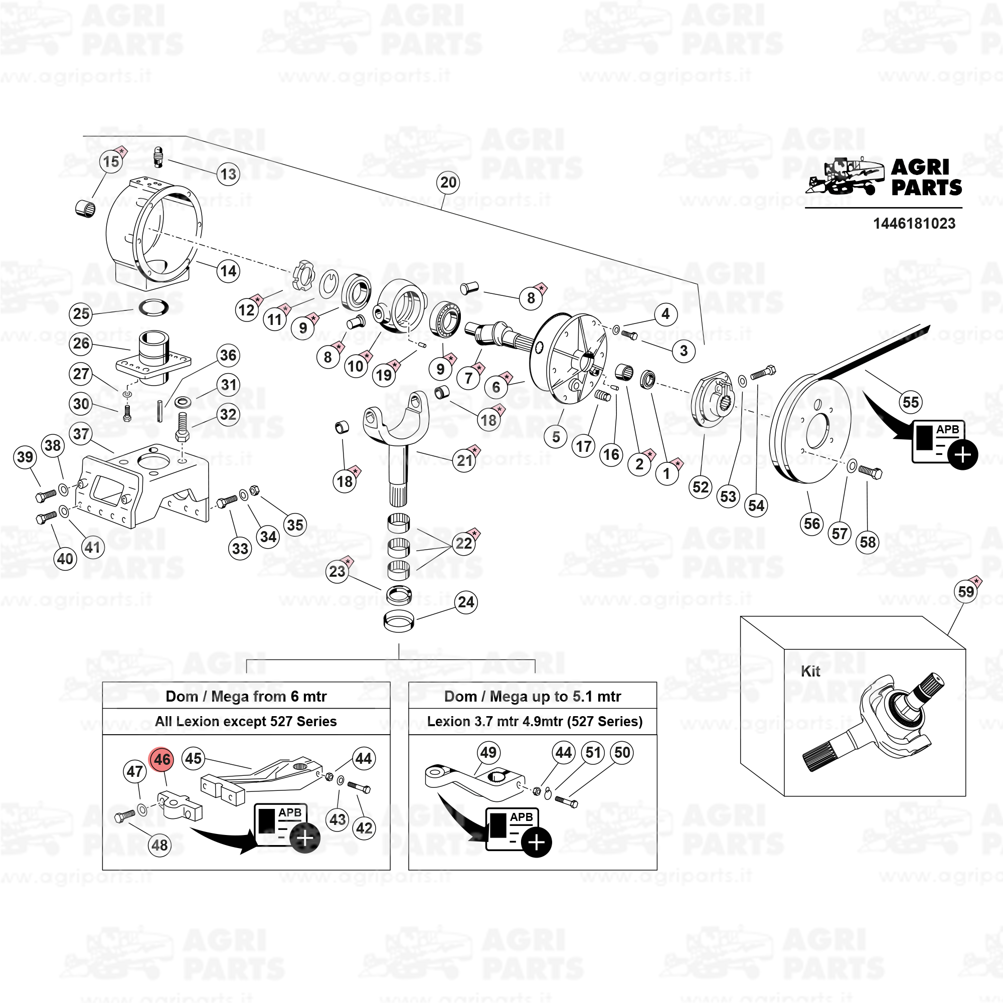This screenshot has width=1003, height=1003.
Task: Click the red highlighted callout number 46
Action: pyautogui.click(x=161, y=759)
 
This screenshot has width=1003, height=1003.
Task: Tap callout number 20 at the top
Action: pyautogui.click(x=448, y=182)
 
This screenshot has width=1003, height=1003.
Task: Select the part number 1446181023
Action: pyautogui.click(x=914, y=224)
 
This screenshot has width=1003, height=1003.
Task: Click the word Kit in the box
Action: pyautogui.click(x=810, y=672)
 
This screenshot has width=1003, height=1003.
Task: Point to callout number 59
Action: pyautogui.click(x=965, y=591)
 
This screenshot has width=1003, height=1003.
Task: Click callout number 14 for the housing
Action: pyautogui.click(x=228, y=270)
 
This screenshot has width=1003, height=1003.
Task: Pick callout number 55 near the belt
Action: pyautogui.click(x=911, y=402)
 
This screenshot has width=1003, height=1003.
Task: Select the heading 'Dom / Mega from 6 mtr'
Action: pyautogui.click(x=246, y=696)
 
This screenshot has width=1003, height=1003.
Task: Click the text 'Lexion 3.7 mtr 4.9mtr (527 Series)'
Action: pyautogui.click(x=535, y=722)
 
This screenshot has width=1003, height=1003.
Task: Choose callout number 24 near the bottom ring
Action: pyautogui.click(x=466, y=602)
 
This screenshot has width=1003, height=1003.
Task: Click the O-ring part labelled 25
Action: pyautogui.click(x=153, y=308)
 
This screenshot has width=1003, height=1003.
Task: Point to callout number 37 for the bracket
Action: pyautogui.click(x=81, y=433)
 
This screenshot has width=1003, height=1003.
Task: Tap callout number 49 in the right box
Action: pyautogui.click(x=488, y=752)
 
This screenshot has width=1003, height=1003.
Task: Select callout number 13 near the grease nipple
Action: pyautogui.click(x=228, y=174)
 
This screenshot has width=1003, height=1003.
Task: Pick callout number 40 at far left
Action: pyautogui.click(x=65, y=559)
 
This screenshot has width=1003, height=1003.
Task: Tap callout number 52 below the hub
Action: pyautogui.click(x=700, y=487)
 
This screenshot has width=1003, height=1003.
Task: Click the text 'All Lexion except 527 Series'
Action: pyautogui.click(x=246, y=722)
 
